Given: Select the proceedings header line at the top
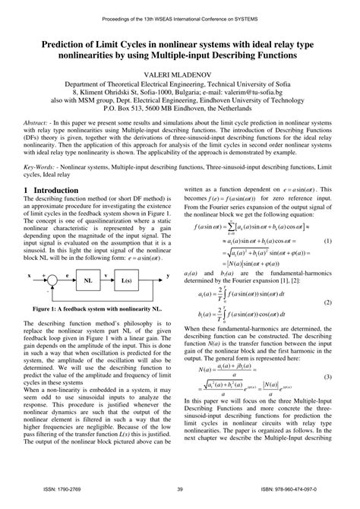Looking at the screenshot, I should pos(179,9).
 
